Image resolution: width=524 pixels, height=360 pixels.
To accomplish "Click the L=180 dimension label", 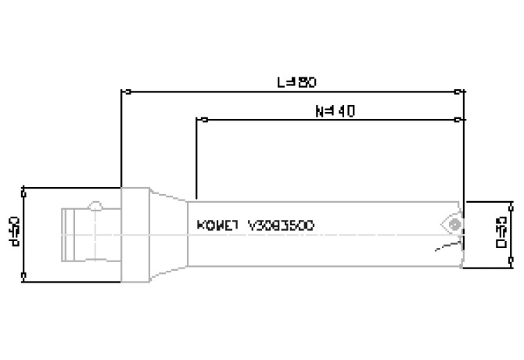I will point(296,81).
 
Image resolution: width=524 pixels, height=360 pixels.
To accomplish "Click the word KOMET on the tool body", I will point(214,225).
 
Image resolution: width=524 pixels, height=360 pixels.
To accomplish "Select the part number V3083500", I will point(281,225).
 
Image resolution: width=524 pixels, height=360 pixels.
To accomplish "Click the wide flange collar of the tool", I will point(135,233).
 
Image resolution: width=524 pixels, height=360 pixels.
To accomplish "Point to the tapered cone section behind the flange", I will point(167,233).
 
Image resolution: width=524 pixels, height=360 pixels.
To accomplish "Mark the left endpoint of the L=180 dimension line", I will point(122,92).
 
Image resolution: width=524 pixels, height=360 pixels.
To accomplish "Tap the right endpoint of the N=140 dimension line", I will point(458,120).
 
